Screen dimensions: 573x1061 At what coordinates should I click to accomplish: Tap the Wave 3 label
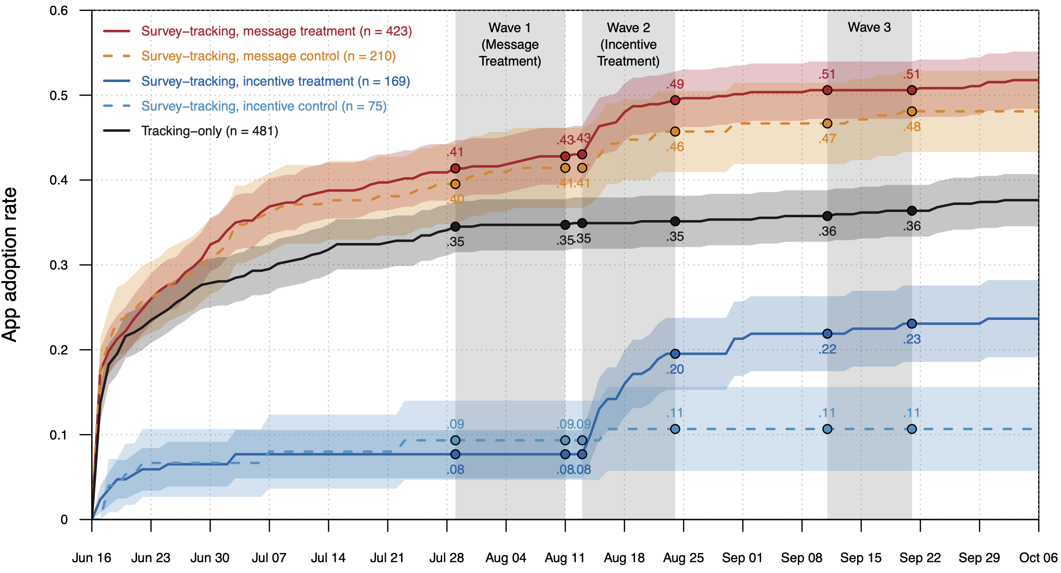(x=869, y=27)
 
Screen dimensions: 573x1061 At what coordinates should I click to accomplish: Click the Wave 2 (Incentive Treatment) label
(x=628, y=44)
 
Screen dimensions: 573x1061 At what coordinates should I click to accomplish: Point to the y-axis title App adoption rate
(x=10, y=265)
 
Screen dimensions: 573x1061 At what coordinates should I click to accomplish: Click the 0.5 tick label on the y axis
(x=59, y=95)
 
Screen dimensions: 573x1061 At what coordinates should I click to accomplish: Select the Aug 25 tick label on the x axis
(x=683, y=558)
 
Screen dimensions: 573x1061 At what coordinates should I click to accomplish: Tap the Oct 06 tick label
(x=1038, y=558)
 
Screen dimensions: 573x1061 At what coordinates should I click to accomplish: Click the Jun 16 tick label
(x=92, y=558)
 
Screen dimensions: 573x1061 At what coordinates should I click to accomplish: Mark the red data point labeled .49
(x=675, y=100)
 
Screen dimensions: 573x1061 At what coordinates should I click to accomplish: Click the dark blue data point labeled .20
(x=675, y=354)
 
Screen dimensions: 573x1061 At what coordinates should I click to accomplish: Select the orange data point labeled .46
(x=675, y=131)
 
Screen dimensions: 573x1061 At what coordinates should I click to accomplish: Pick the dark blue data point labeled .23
(x=912, y=324)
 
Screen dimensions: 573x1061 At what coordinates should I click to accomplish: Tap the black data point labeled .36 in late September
(x=912, y=211)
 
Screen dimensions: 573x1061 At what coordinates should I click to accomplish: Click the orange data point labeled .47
(x=828, y=124)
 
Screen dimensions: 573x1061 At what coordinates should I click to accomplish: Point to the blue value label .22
(x=828, y=350)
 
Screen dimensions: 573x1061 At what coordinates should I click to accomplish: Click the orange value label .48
(x=912, y=127)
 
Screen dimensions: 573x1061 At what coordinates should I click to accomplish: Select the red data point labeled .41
(x=456, y=169)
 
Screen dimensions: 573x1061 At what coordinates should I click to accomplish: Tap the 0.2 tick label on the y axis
(x=59, y=350)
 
